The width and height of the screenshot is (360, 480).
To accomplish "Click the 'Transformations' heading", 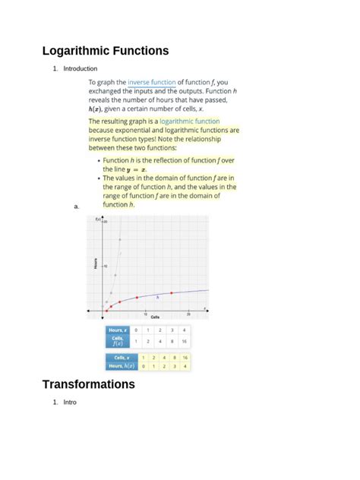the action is point(88,384).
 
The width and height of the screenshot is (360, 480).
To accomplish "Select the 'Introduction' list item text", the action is point(81,69).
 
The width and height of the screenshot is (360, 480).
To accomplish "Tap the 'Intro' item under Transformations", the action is point(70,402).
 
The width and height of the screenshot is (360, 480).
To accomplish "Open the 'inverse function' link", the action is point(152,82).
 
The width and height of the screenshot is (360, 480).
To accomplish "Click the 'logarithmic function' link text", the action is point(189,122).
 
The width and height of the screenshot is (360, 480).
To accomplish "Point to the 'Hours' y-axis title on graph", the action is point(96,263).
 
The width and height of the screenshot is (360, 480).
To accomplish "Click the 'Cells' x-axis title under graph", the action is point(155,317).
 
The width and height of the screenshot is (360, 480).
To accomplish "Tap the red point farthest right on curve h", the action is point(172,292).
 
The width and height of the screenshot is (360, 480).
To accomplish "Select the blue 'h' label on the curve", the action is point(157,297).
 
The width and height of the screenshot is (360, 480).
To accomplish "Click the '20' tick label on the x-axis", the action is point(188,313).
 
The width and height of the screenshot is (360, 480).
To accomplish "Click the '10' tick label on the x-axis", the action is point(146,313).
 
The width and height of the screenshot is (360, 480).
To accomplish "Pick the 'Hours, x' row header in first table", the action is point(117,330).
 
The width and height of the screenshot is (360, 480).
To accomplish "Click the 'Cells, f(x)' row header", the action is point(117,341).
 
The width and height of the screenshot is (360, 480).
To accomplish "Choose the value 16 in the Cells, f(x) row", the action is point(184,342).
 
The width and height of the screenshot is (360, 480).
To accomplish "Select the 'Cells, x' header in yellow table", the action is point(122,357).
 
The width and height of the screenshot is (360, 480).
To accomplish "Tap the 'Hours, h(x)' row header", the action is point(122,365).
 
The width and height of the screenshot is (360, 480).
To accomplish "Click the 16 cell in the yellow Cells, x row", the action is point(185,357).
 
